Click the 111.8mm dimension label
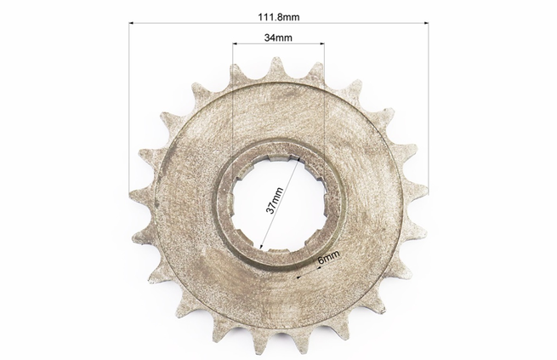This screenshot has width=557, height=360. (279, 17)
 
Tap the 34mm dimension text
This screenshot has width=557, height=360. (278, 37)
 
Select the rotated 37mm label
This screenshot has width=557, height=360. (275, 201)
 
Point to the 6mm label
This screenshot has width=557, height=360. (328, 256)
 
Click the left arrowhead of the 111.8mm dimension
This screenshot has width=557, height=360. (131, 23)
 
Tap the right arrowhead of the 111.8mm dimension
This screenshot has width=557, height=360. (426, 23)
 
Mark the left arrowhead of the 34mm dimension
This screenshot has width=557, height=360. (235, 43)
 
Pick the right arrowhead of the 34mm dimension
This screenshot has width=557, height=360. (322, 43)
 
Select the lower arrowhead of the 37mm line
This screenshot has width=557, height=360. (261, 246)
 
